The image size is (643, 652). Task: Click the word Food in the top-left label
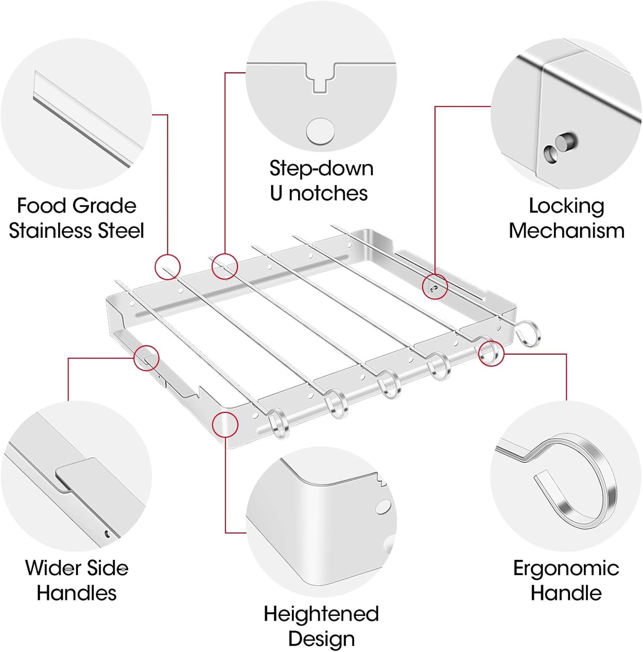[42, 206]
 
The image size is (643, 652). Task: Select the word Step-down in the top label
[321, 169]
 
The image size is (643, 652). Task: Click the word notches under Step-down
[328, 194]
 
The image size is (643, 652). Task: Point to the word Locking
[566, 207]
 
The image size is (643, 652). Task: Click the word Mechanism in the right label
[566, 231]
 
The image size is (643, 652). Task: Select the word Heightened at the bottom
[321, 614]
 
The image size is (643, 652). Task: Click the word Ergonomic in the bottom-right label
[566, 568]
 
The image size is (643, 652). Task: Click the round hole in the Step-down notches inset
[320, 131]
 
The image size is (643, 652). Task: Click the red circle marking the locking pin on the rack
[434, 287]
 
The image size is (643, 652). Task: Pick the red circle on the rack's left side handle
[146, 358]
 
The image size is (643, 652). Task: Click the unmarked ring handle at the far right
[529, 332]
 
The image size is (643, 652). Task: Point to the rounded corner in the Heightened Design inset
[307, 483]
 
